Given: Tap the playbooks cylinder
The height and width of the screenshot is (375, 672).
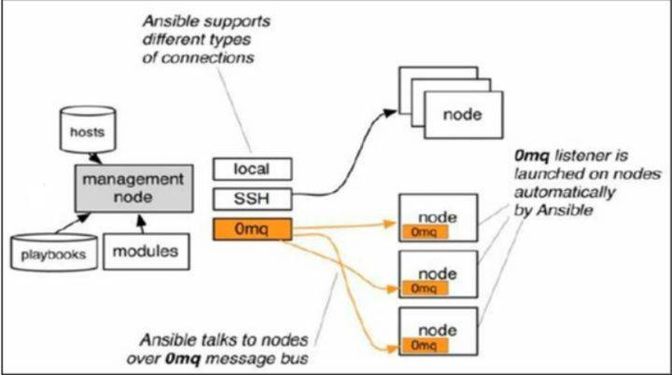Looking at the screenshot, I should [x=54, y=251].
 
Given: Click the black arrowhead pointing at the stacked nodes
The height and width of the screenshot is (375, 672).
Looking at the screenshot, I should [x=388, y=109].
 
